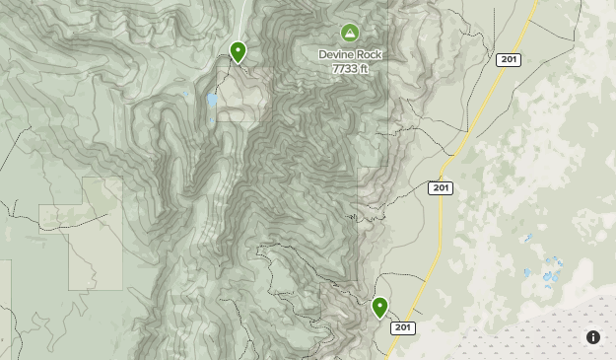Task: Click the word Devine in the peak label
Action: (x=337, y=54)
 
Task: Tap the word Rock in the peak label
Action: (x=369, y=54)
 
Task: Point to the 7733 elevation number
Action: (x=342, y=68)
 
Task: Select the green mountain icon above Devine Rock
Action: (x=350, y=34)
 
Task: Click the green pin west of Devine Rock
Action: (x=238, y=51)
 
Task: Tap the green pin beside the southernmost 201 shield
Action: (x=379, y=308)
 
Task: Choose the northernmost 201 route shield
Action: (x=509, y=60)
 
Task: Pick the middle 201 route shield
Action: (x=441, y=188)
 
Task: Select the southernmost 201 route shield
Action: (x=402, y=327)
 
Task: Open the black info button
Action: (x=593, y=337)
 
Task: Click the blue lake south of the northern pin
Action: (x=212, y=101)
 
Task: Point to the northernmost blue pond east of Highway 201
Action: (x=529, y=239)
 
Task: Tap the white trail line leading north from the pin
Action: (x=242, y=20)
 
